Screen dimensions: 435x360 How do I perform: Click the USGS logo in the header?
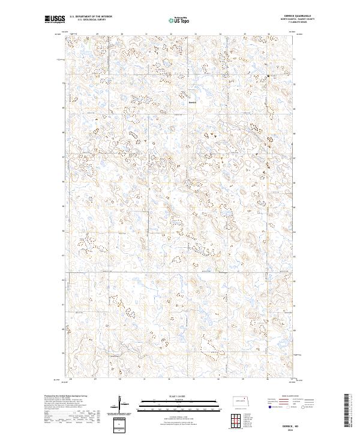pyautogui.click(x=55, y=20)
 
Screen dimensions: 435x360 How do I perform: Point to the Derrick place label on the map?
pyautogui.click(x=193, y=101)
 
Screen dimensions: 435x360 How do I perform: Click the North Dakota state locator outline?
pyautogui.click(x=243, y=401)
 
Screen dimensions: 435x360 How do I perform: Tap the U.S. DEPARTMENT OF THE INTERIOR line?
pyautogui.click(x=91, y=17)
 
